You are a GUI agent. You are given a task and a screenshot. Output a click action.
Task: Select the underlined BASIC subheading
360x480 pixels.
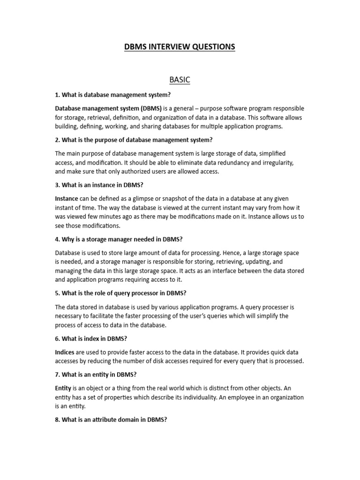pos(180,80)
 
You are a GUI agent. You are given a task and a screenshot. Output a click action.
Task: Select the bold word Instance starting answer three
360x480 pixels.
pos(67,198)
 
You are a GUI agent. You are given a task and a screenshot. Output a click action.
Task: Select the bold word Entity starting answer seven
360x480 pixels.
pos(63,388)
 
